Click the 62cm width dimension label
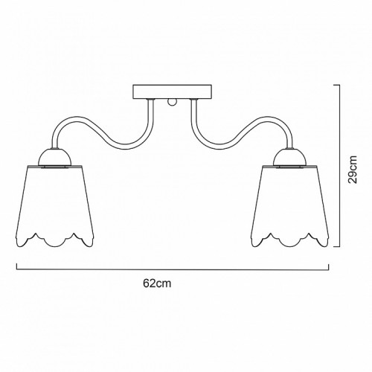point(157,283)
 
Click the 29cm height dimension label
point(353,170)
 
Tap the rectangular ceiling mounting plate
point(173,92)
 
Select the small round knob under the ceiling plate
point(172,102)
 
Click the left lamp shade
point(54,206)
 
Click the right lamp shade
point(290,206)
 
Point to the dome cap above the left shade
point(54,157)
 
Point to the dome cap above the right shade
point(290,157)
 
